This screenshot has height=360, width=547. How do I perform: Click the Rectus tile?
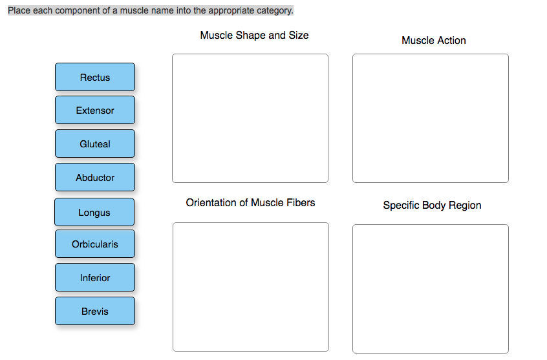coord(95,77)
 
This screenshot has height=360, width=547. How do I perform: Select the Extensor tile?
coord(95,111)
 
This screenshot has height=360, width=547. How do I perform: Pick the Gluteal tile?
coord(95,144)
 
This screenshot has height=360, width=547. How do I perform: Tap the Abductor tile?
coord(95,178)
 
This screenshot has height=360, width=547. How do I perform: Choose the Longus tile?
coord(94,213)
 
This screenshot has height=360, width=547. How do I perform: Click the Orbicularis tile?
coord(95,244)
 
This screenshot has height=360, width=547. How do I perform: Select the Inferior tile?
coord(95,278)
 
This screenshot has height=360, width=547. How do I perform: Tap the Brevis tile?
coord(95,312)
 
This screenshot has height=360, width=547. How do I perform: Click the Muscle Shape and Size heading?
coord(254,35)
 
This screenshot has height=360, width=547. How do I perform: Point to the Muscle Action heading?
coord(433,40)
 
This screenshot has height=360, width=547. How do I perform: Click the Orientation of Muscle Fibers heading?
coord(250,202)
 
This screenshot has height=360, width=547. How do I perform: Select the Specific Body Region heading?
coord(432,205)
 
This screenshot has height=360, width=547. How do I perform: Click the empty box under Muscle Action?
coord(430,118)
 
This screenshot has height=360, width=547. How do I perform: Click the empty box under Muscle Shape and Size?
coord(250,118)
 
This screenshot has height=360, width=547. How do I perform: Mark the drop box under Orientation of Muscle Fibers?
coord(250,286)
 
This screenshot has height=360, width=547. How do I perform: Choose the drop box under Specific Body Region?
coord(430,288)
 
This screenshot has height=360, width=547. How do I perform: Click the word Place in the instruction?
coord(19,11)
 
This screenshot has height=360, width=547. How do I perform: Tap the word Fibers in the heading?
coord(299,202)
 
